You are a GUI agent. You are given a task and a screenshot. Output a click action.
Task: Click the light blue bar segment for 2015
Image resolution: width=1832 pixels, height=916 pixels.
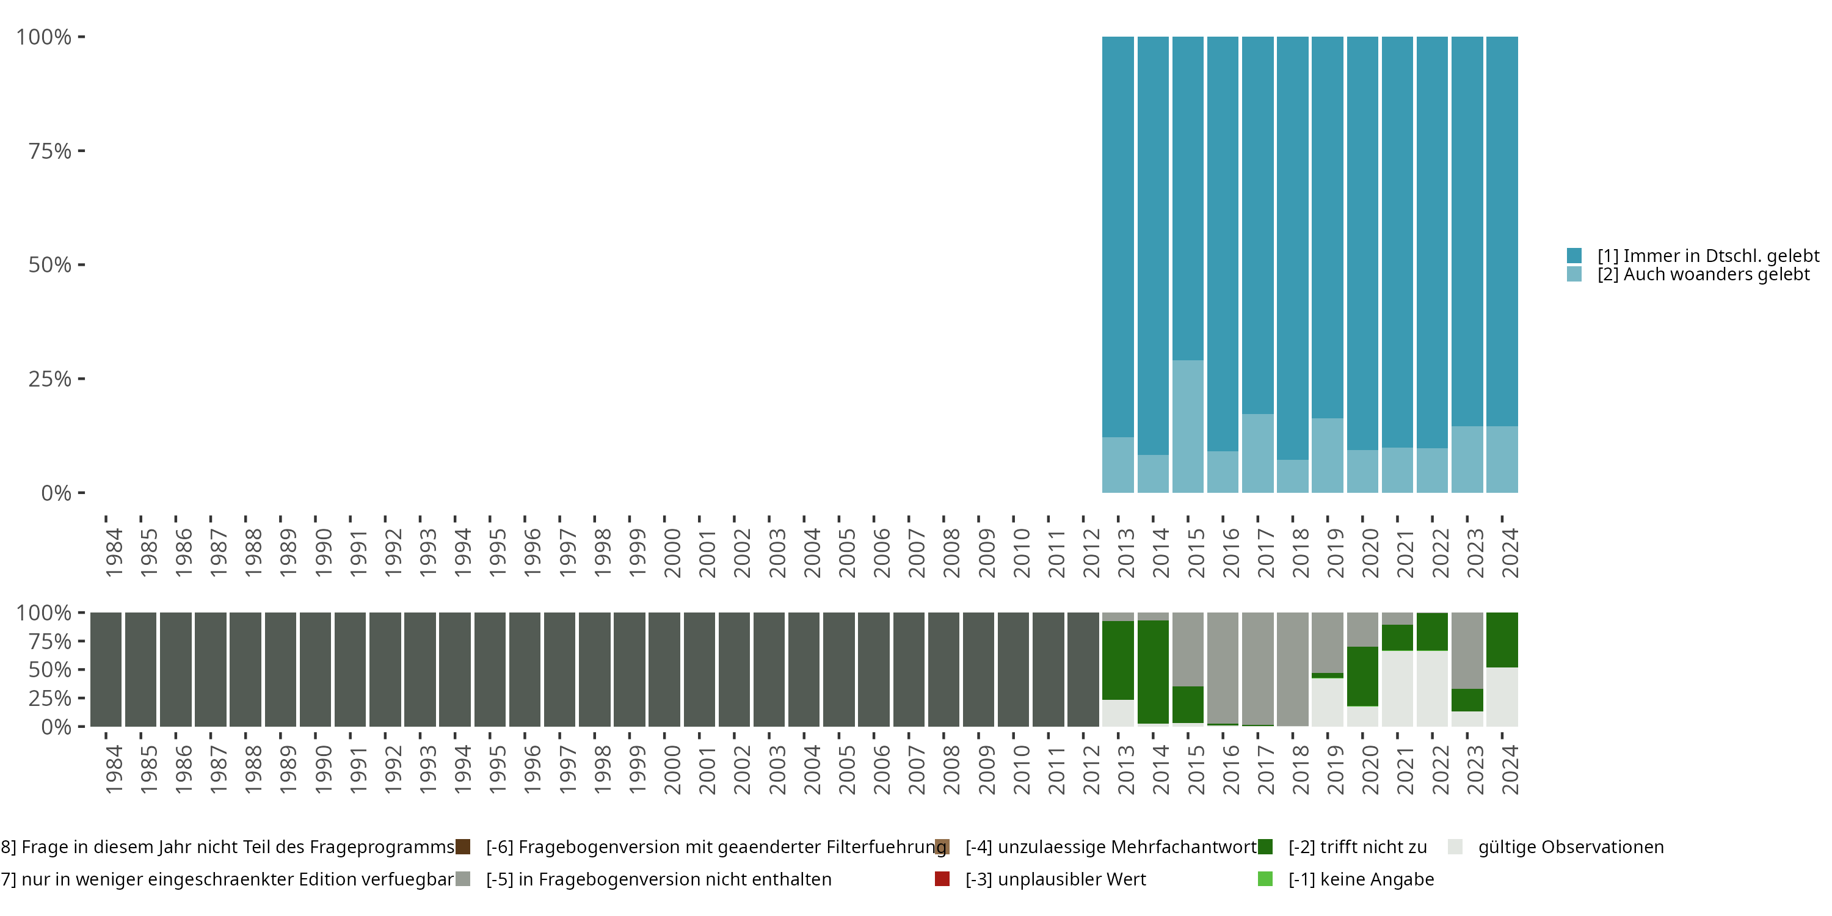[x=1188, y=426]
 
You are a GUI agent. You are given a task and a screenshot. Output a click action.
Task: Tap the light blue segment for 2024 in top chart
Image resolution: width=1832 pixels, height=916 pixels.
[x=1502, y=459]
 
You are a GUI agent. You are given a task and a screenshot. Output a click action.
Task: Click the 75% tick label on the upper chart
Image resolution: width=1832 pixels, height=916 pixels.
[x=50, y=151]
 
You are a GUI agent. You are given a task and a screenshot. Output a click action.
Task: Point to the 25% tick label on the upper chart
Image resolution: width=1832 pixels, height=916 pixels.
[x=50, y=379]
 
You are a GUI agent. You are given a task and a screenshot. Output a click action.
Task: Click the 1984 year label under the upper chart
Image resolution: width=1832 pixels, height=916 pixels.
[x=114, y=553]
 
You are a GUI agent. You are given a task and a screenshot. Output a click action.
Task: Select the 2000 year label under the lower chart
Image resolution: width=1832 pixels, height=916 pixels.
[x=672, y=769]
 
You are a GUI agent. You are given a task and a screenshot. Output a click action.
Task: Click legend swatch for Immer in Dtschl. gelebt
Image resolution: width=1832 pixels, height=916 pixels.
[x=1574, y=255]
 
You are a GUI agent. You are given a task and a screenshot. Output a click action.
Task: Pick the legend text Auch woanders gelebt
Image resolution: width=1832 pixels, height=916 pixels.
[x=1703, y=275]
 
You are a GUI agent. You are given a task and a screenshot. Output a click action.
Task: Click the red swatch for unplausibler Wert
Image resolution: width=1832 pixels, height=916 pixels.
[x=942, y=879]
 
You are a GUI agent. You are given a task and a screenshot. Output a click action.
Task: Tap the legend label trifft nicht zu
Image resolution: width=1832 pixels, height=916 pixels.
[x=1358, y=847]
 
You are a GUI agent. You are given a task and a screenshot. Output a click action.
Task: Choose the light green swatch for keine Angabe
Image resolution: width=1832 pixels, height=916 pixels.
[x=1265, y=879]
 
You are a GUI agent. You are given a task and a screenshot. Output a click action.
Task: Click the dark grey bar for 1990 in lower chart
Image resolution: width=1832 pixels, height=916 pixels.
[x=315, y=669]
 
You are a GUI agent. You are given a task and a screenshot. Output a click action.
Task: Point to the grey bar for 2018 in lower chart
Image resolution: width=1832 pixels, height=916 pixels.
[x=1292, y=669]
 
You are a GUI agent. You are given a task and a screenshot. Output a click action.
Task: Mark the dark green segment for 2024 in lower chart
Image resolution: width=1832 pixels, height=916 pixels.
[x=1502, y=639]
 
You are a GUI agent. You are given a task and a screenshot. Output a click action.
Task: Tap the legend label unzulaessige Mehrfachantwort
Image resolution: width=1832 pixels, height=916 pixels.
[x=1111, y=847]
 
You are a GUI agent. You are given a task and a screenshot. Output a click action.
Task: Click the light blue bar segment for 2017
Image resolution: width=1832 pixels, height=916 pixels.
[x=1257, y=453]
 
